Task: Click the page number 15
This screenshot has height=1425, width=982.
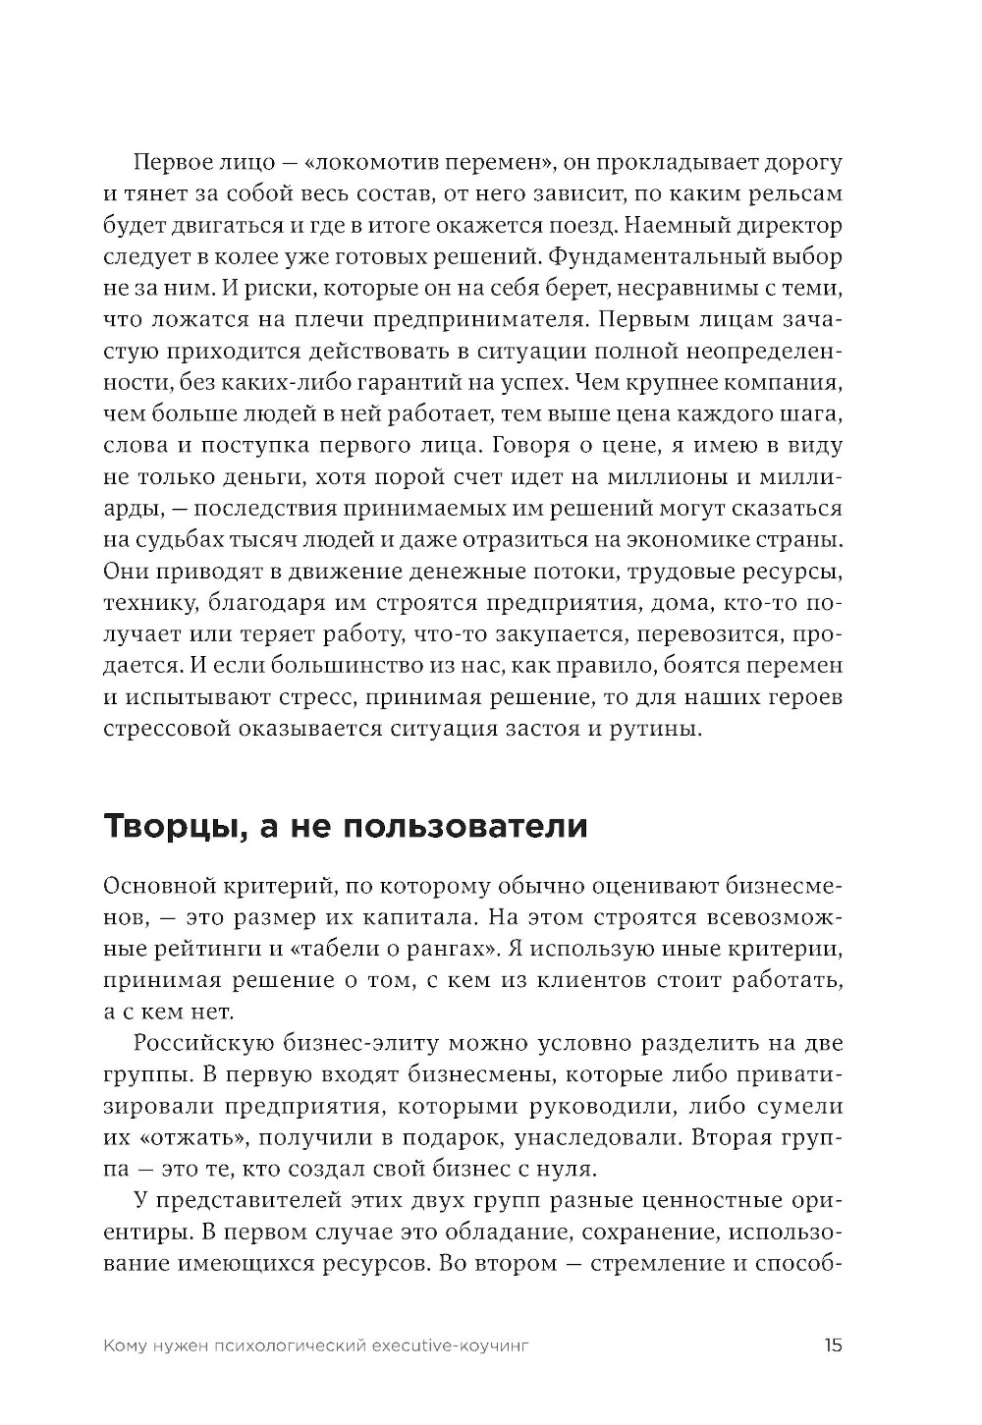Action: [x=833, y=1346]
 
